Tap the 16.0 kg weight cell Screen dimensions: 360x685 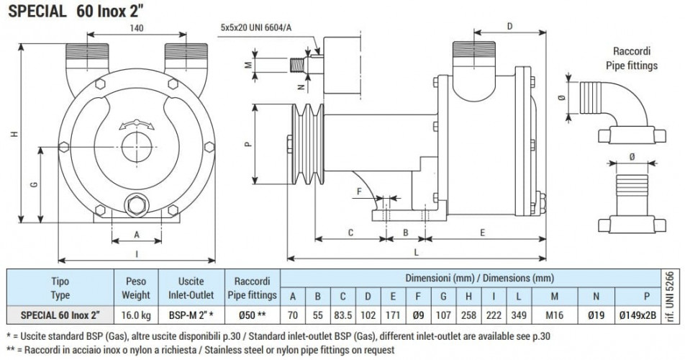pyautogui.click(x=135, y=315)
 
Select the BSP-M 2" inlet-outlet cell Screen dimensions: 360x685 pyautogui.click(x=190, y=315)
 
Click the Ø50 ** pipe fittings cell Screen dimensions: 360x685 pyautogui.click(x=251, y=315)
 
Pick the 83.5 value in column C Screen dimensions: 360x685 pyautogui.click(x=343, y=315)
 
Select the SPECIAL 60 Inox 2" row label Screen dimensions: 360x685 pyautogui.click(x=60, y=315)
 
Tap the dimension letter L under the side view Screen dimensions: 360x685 pyautogui.click(x=416, y=253)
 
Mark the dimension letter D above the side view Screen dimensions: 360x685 pyautogui.click(x=509, y=27)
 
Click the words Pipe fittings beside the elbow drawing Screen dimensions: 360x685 pyautogui.click(x=631, y=65)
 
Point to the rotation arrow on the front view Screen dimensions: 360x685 pyautogui.click(x=136, y=124)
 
